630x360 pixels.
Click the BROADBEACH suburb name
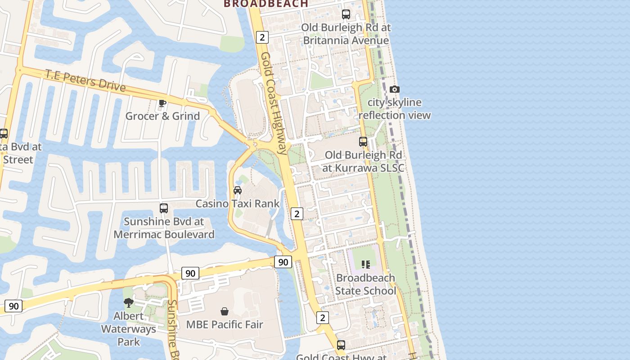click(266, 4)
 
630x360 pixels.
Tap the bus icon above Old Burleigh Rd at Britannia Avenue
click(346, 14)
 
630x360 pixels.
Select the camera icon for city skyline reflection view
click(395, 89)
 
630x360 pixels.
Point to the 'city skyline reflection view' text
click(395, 109)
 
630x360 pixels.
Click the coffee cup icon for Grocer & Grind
click(162, 103)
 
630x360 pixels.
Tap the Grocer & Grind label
click(162, 116)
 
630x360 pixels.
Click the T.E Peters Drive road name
click(85, 81)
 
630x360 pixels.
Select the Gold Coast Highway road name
click(274, 103)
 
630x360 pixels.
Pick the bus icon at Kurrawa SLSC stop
click(363, 142)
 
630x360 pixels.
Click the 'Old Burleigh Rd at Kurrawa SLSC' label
click(363, 162)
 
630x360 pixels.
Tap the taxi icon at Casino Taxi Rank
click(238, 190)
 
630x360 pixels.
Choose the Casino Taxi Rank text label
click(238, 203)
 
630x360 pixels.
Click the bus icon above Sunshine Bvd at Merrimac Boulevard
click(164, 208)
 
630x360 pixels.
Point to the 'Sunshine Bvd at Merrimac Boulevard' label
click(164, 228)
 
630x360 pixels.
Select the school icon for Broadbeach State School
click(365, 265)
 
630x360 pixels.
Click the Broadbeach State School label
click(365, 284)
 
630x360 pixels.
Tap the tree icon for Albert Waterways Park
click(129, 303)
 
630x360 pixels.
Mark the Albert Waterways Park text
click(129, 329)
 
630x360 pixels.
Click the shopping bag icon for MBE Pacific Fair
click(225, 311)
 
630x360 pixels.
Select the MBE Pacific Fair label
click(225, 324)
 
